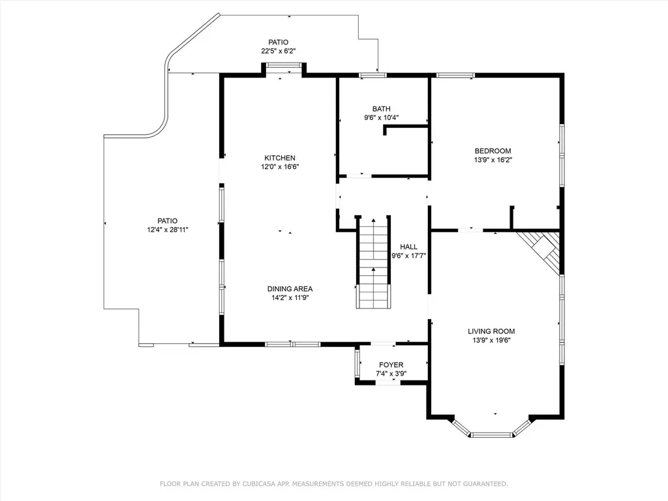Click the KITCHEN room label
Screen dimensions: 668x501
click(x=279, y=158)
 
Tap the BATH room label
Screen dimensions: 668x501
click(x=381, y=109)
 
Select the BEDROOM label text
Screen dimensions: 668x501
click(x=493, y=151)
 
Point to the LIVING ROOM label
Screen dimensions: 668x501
click(x=491, y=331)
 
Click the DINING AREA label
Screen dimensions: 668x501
click(x=290, y=289)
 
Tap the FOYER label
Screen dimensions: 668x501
click(x=391, y=365)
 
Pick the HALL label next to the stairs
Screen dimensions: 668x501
click(x=408, y=247)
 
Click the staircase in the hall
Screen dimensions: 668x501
click(x=374, y=262)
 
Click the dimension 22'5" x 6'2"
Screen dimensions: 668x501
click(x=278, y=51)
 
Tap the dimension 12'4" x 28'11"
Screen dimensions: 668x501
click(x=168, y=230)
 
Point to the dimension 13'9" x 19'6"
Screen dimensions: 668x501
click(x=491, y=341)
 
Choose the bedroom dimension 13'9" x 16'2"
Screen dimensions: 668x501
click(x=493, y=160)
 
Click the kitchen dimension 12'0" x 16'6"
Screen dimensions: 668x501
click(x=279, y=167)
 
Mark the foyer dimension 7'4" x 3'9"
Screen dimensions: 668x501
click(x=391, y=374)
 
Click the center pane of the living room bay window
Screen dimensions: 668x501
click(x=491, y=435)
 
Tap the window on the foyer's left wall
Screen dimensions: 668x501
click(x=357, y=363)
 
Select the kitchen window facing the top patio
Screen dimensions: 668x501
click(x=283, y=65)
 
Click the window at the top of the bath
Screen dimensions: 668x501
click(x=372, y=76)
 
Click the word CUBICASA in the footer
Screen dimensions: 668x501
click(x=261, y=484)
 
